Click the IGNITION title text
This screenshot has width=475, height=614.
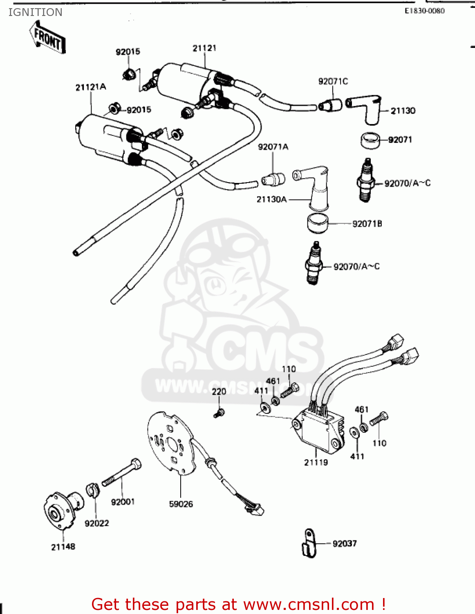(x=35, y=12)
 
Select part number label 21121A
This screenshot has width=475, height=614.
(x=90, y=87)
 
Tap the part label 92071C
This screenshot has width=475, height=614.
(x=333, y=81)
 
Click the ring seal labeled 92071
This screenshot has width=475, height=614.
(x=370, y=140)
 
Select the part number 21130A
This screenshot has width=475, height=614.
(x=271, y=199)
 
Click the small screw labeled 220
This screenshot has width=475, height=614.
(x=219, y=413)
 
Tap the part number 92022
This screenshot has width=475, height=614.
(x=96, y=524)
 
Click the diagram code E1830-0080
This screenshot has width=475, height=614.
(x=424, y=11)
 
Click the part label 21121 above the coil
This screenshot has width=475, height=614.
(x=204, y=48)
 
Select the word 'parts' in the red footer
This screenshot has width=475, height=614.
(x=195, y=604)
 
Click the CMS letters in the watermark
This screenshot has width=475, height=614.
(x=262, y=352)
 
